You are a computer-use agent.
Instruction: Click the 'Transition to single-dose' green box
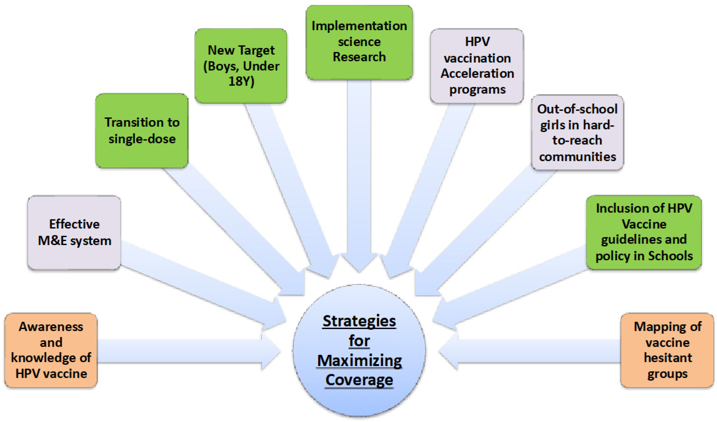pyautogui.click(x=142, y=131)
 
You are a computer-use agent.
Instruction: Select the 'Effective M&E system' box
pyautogui.click(x=74, y=232)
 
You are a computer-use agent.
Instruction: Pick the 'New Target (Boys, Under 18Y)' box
pyautogui.click(x=241, y=66)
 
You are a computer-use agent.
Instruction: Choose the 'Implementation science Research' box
pyautogui.click(x=359, y=42)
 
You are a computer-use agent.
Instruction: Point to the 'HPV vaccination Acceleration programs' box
pyautogui.click(x=477, y=66)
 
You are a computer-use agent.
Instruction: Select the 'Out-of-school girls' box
pyautogui.click(x=577, y=132)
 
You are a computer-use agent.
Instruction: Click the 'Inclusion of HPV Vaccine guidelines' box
pyautogui.click(x=644, y=232)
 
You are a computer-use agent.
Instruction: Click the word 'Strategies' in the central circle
pyautogui.click(x=359, y=321)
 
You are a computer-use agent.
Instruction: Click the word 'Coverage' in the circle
pyautogui.click(x=359, y=380)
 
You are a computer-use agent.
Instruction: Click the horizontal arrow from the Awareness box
pyautogui.click(x=182, y=351)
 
